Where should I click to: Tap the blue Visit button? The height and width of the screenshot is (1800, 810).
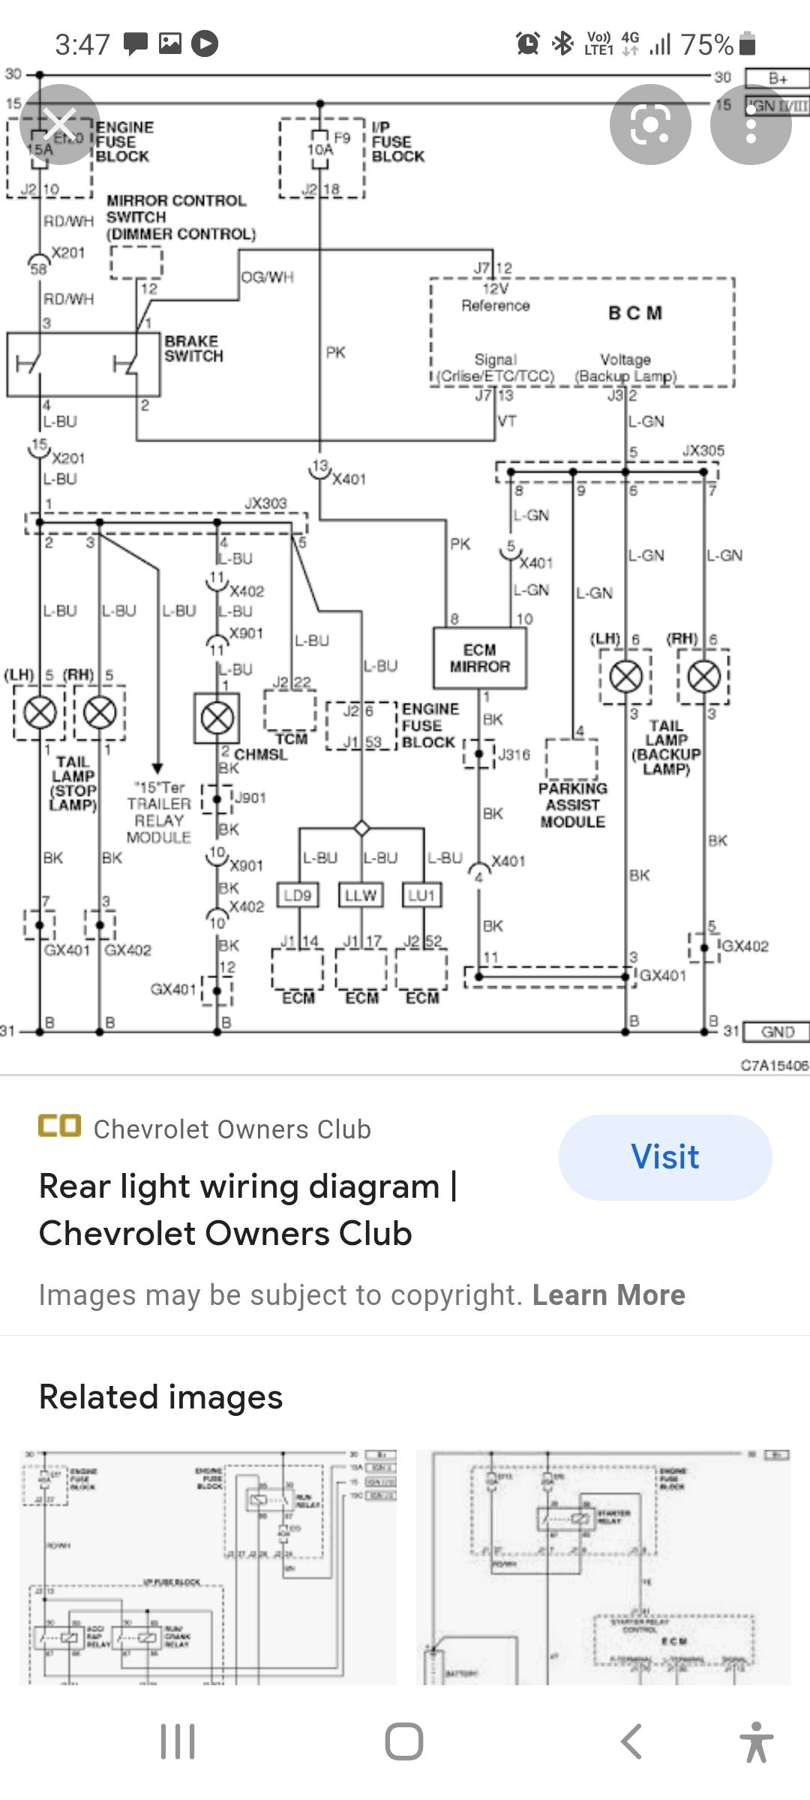(x=665, y=1156)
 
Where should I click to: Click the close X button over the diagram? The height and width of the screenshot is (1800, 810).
(x=60, y=124)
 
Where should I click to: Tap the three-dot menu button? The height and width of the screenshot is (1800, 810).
(x=750, y=124)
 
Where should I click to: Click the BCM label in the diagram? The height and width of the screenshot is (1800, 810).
(x=634, y=313)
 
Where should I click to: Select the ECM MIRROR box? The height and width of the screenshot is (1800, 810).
(x=480, y=658)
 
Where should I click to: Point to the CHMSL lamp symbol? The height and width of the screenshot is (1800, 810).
(x=217, y=718)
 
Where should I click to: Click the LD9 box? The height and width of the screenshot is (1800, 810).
(x=298, y=895)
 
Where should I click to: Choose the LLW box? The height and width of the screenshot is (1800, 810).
(x=361, y=895)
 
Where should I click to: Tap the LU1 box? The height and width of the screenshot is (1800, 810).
(x=421, y=895)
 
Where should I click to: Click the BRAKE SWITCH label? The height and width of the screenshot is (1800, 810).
(x=193, y=349)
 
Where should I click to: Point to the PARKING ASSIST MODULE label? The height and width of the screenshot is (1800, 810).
(x=573, y=805)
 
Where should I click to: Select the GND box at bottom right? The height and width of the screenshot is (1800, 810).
(x=777, y=1032)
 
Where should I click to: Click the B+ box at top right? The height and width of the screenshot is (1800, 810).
(x=778, y=79)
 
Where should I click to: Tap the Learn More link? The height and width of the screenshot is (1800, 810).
(x=608, y=1295)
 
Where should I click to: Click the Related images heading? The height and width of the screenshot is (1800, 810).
(x=160, y=1397)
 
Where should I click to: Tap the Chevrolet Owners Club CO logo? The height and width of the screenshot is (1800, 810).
(x=59, y=1126)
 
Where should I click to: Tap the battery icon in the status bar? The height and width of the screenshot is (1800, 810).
(x=747, y=44)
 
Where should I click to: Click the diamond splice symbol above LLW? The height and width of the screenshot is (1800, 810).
(x=361, y=828)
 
